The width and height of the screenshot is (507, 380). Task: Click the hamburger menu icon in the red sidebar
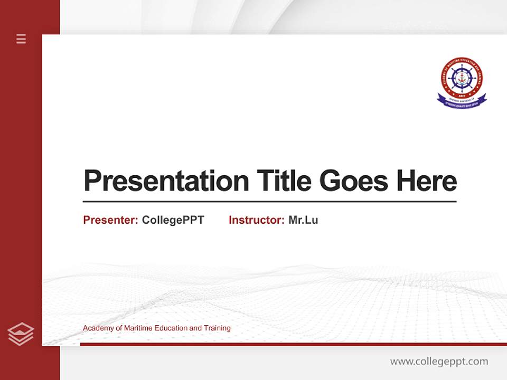21,39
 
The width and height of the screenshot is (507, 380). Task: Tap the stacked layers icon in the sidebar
21,334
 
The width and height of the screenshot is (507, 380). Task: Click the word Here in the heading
426,181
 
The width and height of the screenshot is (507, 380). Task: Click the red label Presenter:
110,220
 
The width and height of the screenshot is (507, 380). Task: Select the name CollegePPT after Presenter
173,220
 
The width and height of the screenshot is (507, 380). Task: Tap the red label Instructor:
256,220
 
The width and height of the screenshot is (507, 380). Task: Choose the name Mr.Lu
303,220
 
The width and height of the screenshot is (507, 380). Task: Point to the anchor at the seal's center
462,77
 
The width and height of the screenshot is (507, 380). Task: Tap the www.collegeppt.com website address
439,362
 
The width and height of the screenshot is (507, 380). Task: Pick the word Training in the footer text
217,328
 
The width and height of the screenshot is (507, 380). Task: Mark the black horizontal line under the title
269,202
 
